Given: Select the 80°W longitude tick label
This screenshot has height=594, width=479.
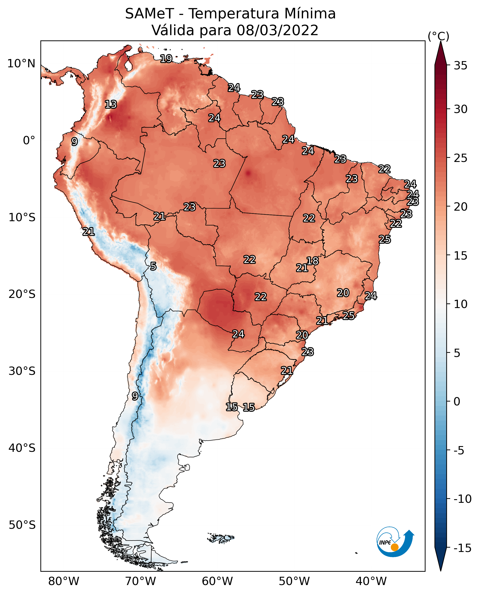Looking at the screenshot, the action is click(x=64, y=581).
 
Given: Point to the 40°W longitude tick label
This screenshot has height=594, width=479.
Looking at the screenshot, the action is click(x=371, y=581).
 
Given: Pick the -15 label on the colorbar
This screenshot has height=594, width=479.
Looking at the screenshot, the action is click(x=463, y=548).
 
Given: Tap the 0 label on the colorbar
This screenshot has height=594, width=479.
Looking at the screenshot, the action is click(x=457, y=402).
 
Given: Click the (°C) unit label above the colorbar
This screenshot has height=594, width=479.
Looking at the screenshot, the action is click(x=438, y=36).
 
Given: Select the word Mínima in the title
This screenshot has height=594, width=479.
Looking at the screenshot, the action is click(x=310, y=14).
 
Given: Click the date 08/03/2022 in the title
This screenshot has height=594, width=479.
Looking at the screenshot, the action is click(x=277, y=30).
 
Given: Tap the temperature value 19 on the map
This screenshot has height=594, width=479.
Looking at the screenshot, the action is click(x=166, y=59).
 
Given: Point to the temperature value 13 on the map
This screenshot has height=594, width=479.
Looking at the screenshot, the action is click(x=111, y=104).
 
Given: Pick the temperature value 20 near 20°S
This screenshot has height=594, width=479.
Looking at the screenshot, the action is click(x=343, y=293).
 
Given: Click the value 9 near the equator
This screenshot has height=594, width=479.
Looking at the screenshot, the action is click(x=74, y=141).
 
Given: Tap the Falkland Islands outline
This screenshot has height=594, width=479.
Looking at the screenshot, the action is click(x=221, y=538).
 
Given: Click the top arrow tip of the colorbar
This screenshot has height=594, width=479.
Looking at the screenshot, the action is click(x=441, y=41).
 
